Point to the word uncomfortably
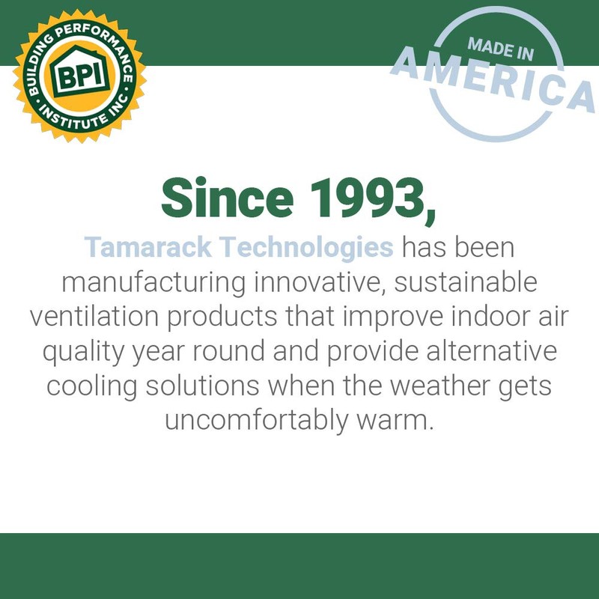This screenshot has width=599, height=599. coord(255,421)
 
